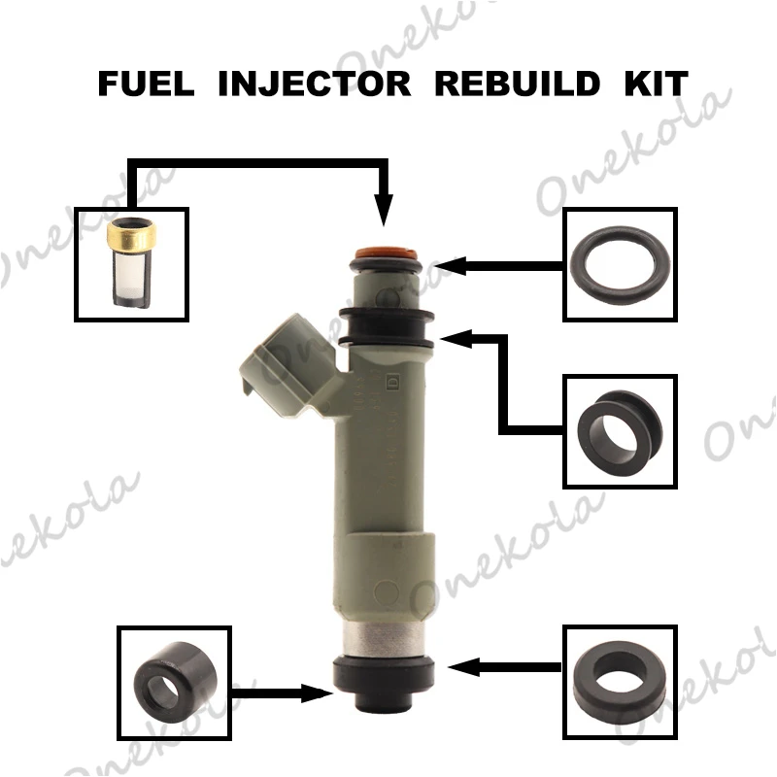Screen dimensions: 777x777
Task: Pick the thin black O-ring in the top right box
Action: click(x=619, y=263)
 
